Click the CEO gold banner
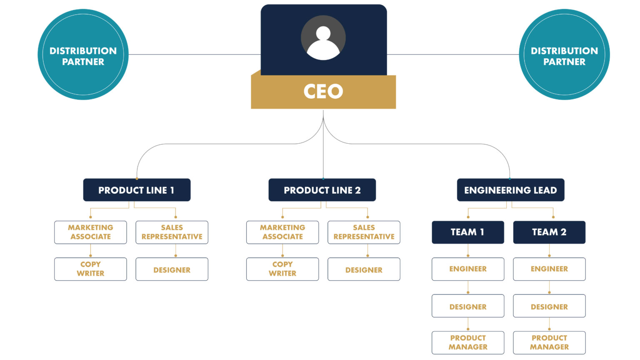tap(323, 92)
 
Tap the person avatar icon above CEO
tap(323, 38)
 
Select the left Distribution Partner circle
tap(83, 55)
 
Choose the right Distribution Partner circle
tap(564, 55)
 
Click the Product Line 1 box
tap(137, 190)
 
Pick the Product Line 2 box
tap(322, 190)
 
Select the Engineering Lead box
tap(510, 190)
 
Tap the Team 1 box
tap(467, 232)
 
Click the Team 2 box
tap(549, 232)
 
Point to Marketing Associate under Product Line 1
tap(90, 232)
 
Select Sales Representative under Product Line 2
tap(364, 232)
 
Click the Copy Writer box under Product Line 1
tap(90, 269)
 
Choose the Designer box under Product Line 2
tap(364, 269)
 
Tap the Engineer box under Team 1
tap(467, 269)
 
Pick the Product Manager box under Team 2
tap(549, 342)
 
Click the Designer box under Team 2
tap(549, 306)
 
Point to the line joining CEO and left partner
tap(194, 54)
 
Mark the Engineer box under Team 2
tap(549, 269)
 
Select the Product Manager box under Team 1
tap(467, 342)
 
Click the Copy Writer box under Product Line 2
tap(282, 269)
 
